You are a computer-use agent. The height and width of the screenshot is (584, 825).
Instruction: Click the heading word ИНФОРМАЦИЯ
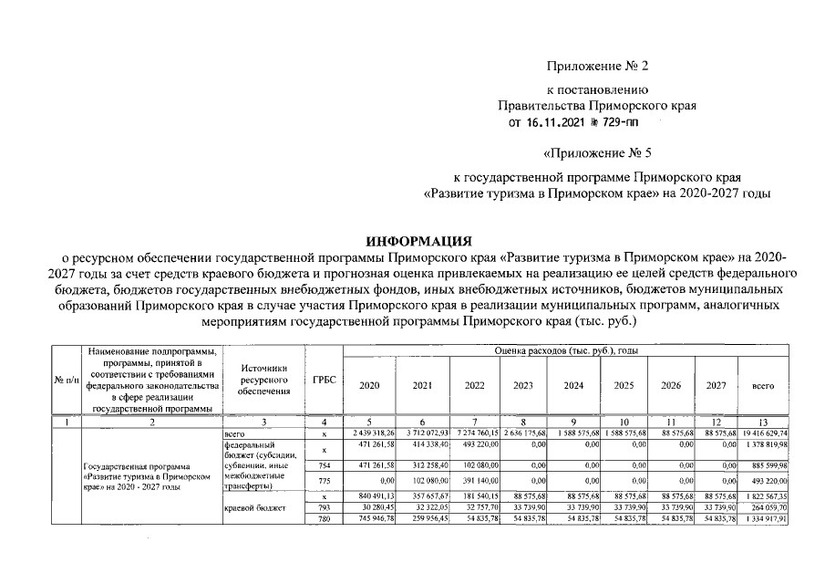[x=418, y=241]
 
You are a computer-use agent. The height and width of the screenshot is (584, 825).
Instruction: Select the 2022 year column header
[x=474, y=386]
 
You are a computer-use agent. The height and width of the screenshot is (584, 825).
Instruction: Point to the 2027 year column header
[x=716, y=386]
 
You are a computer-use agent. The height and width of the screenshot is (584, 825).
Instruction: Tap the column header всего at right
[x=762, y=386]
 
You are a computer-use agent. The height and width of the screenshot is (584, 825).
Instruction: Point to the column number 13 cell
[x=762, y=422]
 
